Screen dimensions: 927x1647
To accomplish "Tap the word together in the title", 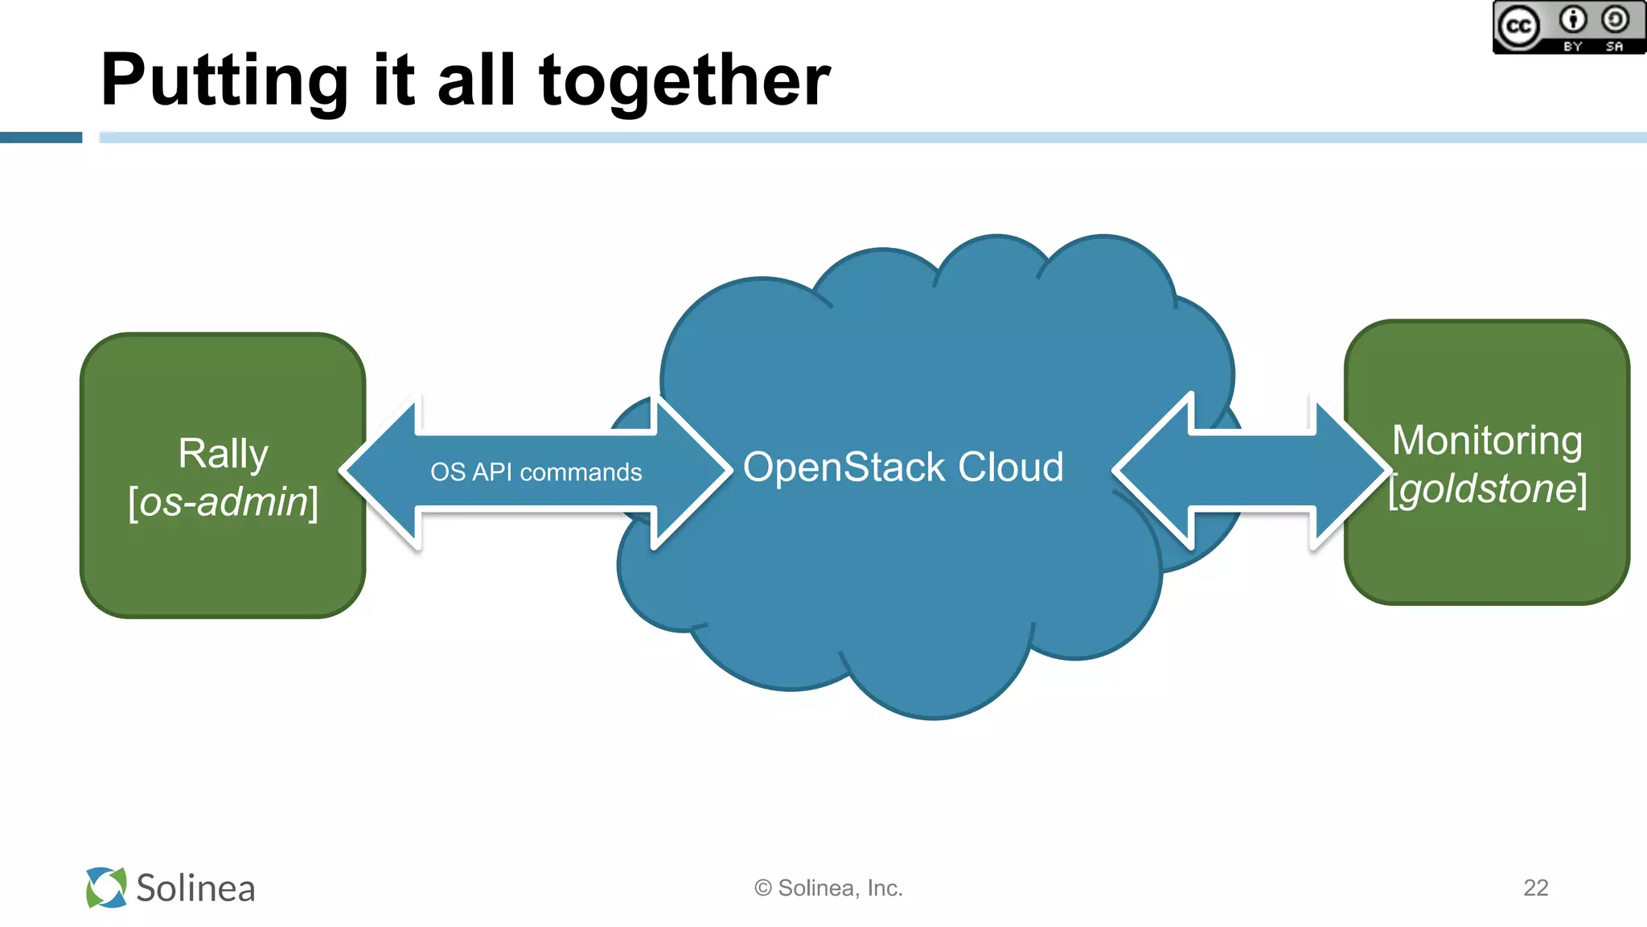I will [684, 80].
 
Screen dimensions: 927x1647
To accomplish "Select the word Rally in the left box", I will [223, 453].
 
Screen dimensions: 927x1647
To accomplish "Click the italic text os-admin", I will [224, 502].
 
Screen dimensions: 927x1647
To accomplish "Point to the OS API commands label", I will [536, 472].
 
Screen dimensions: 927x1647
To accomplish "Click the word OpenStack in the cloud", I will [844, 468].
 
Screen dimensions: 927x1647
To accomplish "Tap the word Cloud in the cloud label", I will [1011, 468].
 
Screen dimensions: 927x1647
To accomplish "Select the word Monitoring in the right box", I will [1487, 440].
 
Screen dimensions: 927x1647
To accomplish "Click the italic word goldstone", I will [1488, 488].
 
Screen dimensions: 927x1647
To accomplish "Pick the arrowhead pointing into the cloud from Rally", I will [692, 472].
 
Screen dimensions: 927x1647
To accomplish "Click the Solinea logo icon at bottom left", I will [106, 888].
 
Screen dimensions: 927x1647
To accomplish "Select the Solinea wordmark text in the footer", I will [195, 888].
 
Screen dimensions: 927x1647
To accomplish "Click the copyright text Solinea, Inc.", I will [829, 888].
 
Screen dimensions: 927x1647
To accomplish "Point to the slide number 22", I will [1535, 888].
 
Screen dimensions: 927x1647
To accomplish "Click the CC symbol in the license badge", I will [1518, 27].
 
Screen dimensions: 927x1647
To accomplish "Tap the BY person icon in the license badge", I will [1573, 19].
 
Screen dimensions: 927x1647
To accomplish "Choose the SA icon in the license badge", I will [1615, 19].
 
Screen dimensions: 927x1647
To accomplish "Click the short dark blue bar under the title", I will [41, 138].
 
